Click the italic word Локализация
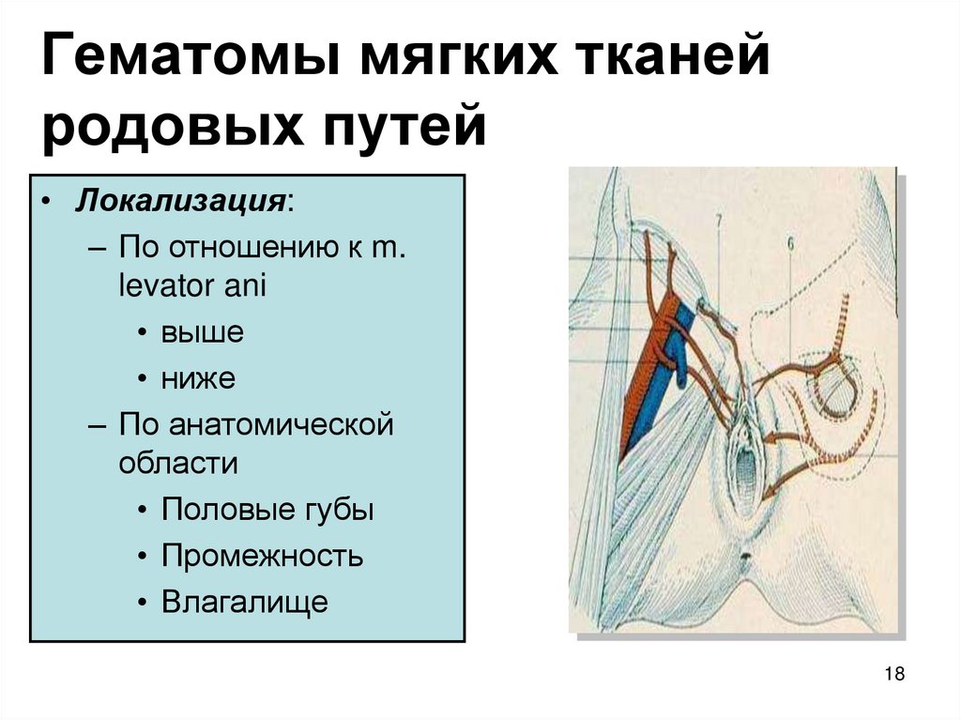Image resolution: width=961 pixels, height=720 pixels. click(180, 202)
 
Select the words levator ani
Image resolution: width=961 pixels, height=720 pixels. click(192, 285)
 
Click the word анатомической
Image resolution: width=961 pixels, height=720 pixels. click(281, 424)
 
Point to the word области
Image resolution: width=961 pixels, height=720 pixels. click(178, 463)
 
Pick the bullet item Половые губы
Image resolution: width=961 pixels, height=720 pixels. click(267, 510)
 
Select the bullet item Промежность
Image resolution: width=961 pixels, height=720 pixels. click(263, 557)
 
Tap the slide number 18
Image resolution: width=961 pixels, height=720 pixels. click(894, 674)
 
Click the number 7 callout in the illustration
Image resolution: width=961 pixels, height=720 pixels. click(718, 221)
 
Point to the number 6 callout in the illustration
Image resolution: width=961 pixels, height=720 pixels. click(790, 244)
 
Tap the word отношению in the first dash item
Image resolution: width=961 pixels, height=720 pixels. click(253, 248)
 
